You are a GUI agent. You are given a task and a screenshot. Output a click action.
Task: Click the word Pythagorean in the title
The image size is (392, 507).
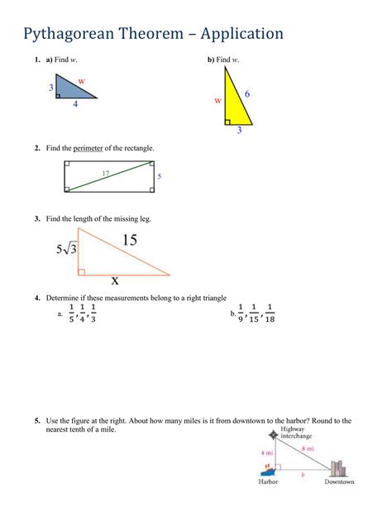point(79,34)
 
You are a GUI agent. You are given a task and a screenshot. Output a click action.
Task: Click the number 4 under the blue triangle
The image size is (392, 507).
point(75,104)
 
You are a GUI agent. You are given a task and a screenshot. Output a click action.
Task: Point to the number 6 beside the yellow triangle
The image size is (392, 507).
point(247,94)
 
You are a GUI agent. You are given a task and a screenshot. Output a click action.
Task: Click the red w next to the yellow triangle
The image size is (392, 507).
point(218,99)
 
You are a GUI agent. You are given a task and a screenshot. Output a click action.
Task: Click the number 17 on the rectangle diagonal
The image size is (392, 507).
point(106,173)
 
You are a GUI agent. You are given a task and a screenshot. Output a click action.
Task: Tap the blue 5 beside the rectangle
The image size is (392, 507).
point(159,176)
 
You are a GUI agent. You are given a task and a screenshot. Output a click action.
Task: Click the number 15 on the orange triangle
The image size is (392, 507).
point(129,240)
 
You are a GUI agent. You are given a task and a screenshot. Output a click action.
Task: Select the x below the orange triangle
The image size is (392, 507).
point(115,280)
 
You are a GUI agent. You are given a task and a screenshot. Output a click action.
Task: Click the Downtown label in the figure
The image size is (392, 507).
point(339,482)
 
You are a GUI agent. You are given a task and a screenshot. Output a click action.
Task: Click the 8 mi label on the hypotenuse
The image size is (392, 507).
point(308,449)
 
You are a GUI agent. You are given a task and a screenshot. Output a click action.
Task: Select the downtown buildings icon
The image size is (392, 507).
point(337,468)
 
